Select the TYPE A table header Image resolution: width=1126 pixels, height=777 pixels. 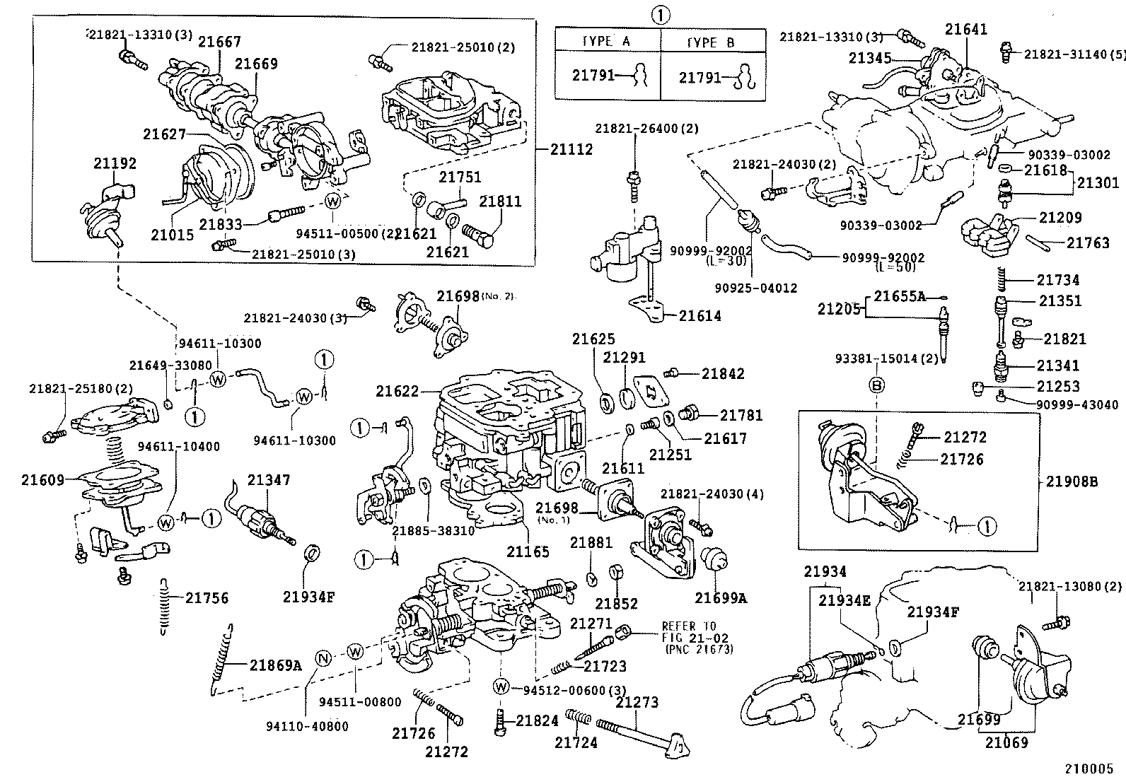click(606, 42)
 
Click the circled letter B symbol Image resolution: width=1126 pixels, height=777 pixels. click(876, 386)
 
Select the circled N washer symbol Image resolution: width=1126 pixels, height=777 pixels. click(323, 658)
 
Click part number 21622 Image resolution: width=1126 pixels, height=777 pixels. click(398, 390)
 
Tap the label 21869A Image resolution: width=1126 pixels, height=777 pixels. click(275, 665)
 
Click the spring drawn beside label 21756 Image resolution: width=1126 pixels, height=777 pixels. click(164, 604)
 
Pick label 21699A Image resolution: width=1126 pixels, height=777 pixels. click(721, 598)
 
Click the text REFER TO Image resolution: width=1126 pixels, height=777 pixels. click(688, 626)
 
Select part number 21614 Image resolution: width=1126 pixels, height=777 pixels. click(700, 316)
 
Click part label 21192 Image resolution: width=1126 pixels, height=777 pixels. click(115, 163)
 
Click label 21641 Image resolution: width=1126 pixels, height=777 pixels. click(966, 29)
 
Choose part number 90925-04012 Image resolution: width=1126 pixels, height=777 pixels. click(756, 288)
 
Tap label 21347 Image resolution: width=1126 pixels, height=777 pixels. click(269, 480)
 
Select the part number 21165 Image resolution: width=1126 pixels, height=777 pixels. click(528, 551)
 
